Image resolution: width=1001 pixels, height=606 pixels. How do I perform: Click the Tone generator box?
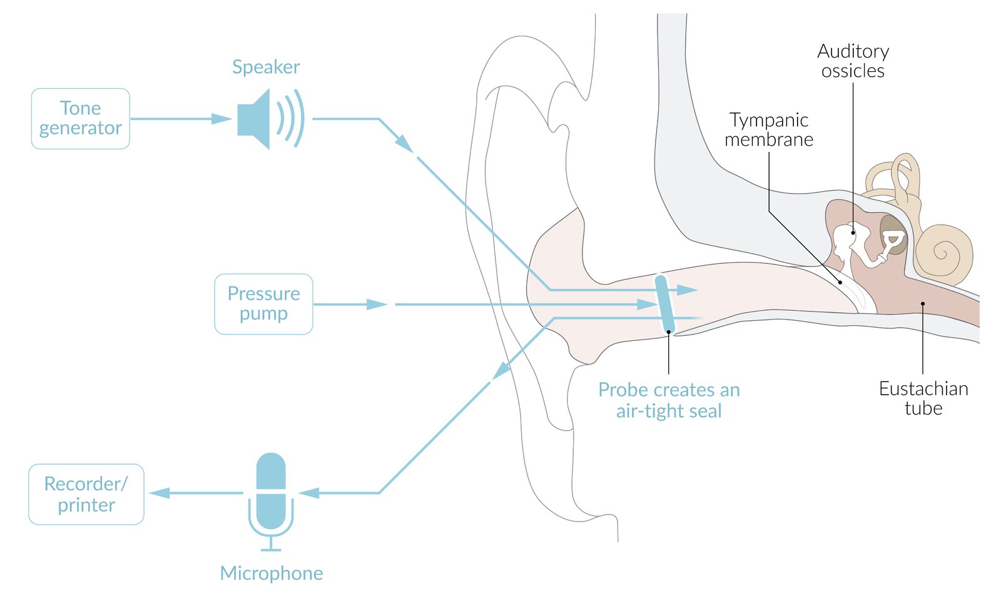81,118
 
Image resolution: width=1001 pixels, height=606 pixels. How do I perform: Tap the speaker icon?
270,118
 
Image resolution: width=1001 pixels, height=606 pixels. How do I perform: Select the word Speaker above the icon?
266,68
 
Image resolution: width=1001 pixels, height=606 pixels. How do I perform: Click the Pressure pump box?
263,304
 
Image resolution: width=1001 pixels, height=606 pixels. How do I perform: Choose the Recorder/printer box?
86,494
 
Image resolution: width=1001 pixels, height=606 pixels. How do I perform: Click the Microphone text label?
272,573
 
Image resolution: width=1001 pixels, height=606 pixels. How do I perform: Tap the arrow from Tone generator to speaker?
181,119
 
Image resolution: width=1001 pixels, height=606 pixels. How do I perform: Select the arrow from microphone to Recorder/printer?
196,493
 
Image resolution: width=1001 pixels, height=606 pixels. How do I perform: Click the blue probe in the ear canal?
664,305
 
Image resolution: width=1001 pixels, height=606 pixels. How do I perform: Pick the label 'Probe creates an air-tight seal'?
669,400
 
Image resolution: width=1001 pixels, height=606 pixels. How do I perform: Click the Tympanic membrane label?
769,129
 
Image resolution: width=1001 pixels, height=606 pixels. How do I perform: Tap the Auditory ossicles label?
853,61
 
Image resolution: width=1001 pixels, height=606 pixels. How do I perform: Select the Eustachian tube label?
923,398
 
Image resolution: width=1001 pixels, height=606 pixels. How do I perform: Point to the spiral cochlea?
943,255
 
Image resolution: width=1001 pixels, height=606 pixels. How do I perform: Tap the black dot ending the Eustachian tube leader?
923,304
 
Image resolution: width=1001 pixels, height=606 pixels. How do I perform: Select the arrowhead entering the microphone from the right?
309,493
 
